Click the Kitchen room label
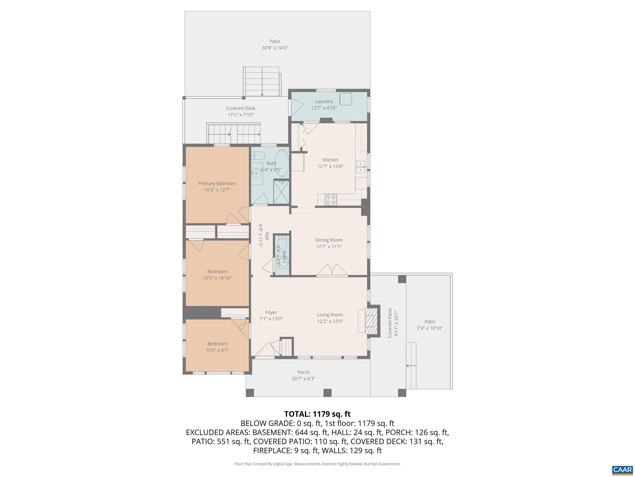point(330,160)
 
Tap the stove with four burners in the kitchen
point(331,200)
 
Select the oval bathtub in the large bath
point(282,163)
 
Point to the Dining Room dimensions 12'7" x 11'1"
point(328,246)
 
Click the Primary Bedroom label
point(217,183)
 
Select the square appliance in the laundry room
point(346,99)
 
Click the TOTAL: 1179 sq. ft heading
point(317,414)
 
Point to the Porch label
point(303,372)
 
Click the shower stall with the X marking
point(281,192)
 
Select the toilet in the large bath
point(258,156)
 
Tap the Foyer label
point(271,312)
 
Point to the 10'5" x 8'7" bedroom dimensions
point(217,350)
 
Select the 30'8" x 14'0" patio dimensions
point(275,48)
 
